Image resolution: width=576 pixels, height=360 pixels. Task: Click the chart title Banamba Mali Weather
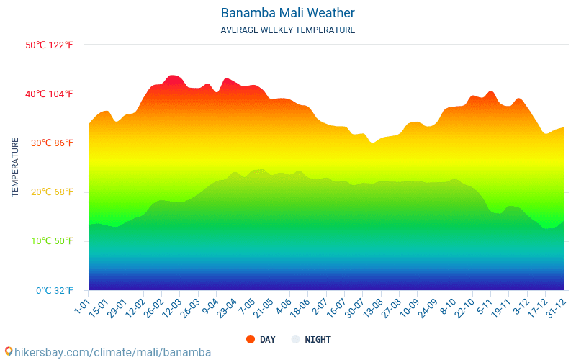click(287, 13)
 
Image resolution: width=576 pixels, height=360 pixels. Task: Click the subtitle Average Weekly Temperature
click(287, 30)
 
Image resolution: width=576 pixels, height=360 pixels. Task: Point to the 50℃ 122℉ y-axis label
click(49, 45)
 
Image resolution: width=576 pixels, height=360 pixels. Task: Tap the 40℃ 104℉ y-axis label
click(49, 94)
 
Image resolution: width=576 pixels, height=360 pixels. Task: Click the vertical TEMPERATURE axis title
click(15, 168)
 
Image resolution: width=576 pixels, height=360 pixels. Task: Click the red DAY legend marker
click(251, 339)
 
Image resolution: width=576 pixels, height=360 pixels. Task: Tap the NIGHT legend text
click(318, 339)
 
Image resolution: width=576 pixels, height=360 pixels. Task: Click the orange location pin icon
click(8, 352)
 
